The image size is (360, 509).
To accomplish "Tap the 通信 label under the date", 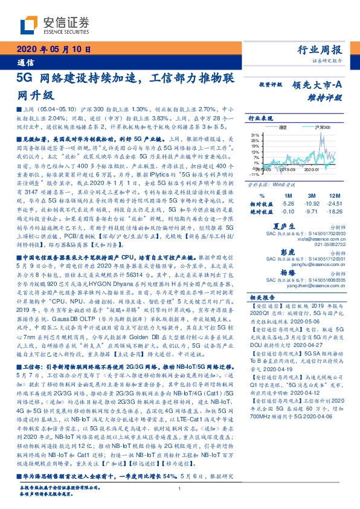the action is pyautogui.click(x=25, y=62).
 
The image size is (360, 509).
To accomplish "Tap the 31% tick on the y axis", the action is pyautogui.click(x=255, y=134).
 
